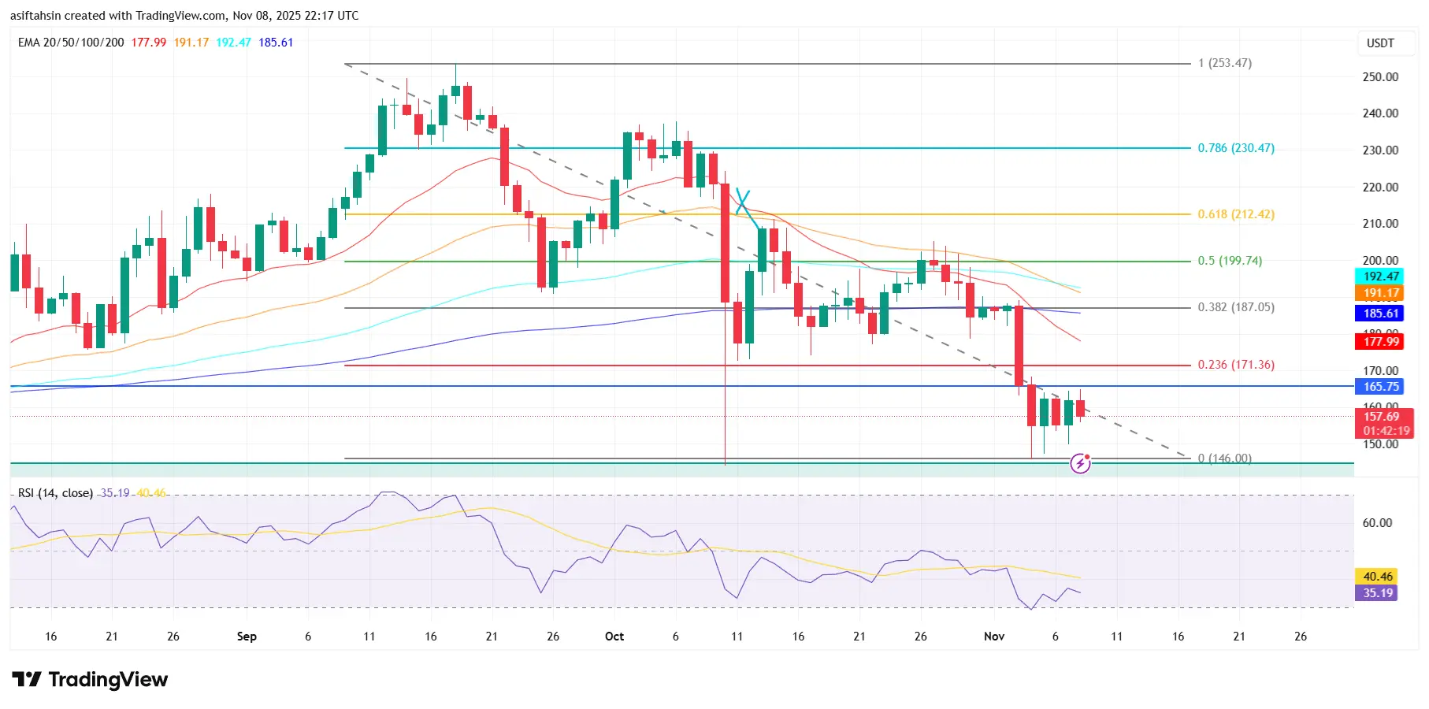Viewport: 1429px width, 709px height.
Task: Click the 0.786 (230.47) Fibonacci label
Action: pos(1235,148)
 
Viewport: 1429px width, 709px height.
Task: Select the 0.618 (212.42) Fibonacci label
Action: pos(1235,214)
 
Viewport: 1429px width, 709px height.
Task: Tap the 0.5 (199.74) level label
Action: pos(1229,261)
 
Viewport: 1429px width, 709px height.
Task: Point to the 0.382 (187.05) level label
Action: pos(1235,307)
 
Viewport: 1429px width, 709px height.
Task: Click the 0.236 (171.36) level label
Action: pos(1235,365)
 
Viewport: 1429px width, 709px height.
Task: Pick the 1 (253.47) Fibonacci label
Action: pos(1224,63)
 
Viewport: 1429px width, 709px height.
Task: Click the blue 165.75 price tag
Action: pos(1381,387)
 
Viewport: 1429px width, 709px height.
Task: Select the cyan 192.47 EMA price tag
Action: pos(1381,277)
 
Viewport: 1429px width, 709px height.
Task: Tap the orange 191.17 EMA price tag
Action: pos(1381,293)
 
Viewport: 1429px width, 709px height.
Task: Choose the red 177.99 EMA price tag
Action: pos(1381,342)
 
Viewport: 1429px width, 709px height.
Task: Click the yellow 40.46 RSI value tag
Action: pos(1378,577)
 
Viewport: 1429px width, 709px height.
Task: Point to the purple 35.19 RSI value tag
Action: pos(1378,593)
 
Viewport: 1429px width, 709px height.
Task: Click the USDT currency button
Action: pos(1380,43)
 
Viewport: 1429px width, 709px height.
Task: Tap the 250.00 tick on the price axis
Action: pos(1380,77)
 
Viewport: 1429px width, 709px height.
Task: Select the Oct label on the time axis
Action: pos(614,637)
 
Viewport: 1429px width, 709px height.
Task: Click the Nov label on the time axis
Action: pos(994,637)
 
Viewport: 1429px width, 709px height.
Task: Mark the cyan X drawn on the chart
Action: pos(742,201)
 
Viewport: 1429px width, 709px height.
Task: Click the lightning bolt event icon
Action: pos(1080,464)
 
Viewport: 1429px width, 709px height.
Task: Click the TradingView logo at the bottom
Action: pos(90,680)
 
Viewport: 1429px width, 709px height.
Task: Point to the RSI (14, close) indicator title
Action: pos(55,493)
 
